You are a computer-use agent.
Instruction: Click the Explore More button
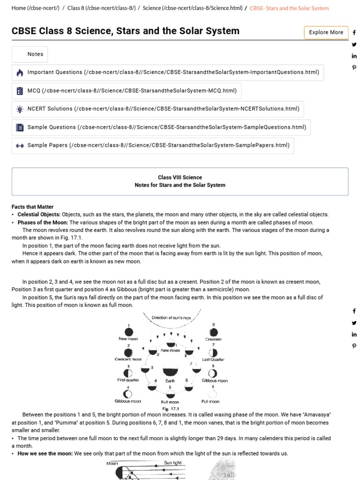click(x=326, y=32)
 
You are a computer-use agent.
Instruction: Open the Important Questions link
click(x=173, y=72)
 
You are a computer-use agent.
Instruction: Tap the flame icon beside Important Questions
click(x=20, y=73)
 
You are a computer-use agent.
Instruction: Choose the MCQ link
click(x=132, y=90)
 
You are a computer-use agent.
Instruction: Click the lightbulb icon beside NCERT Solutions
click(x=20, y=109)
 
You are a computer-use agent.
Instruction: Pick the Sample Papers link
click(x=158, y=145)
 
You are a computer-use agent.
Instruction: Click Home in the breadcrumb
click(x=36, y=8)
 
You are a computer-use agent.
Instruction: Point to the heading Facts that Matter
click(x=32, y=207)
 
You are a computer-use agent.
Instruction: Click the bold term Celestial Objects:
click(x=39, y=214)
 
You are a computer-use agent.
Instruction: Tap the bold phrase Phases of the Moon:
click(x=43, y=222)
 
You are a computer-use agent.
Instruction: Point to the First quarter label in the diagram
click(x=128, y=380)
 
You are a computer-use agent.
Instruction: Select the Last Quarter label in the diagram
click(x=213, y=360)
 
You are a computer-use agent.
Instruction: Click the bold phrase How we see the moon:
click(x=45, y=453)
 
